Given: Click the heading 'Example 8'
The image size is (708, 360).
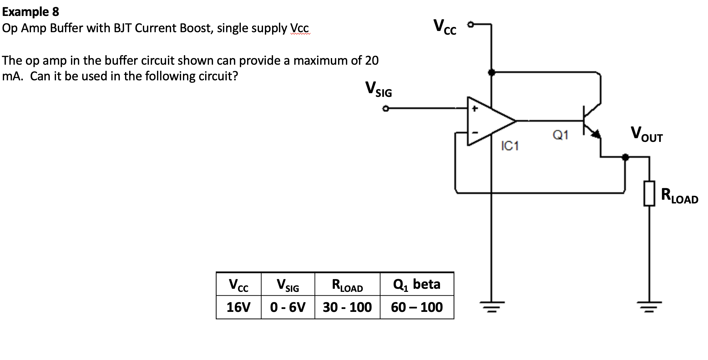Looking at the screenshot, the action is (x=30, y=12).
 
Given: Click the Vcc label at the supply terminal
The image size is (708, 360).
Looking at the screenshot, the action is (x=445, y=27).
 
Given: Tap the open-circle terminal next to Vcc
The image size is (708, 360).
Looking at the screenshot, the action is (x=470, y=24).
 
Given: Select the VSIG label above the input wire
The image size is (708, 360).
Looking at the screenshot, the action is (x=378, y=89).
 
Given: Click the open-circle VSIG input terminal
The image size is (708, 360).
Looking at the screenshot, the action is (x=386, y=109).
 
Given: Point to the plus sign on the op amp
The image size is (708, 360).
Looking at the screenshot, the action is (x=475, y=109).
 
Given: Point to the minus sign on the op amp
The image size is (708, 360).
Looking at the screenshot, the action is (x=475, y=133).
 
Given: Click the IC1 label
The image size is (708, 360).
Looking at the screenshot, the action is (x=510, y=146).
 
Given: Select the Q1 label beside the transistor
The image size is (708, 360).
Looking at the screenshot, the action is (x=560, y=135).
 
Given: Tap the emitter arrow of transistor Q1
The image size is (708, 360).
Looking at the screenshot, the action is (x=596, y=134).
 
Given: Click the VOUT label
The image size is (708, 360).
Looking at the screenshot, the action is (x=647, y=134).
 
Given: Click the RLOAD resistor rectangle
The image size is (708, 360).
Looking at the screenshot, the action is (x=649, y=193).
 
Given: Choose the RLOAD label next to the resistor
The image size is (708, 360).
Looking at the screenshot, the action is (x=680, y=196).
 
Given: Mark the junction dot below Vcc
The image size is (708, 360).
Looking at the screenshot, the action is (x=491, y=72).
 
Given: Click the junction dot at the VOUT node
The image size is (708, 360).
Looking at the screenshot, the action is (x=625, y=157).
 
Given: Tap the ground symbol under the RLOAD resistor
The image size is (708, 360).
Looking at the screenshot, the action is (x=649, y=307).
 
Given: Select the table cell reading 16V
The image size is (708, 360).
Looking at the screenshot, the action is (x=239, y=307).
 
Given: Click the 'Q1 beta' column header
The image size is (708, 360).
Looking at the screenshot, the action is (x=417, y=284).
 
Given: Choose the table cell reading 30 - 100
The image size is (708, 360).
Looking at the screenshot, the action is (x=347, y=307).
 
